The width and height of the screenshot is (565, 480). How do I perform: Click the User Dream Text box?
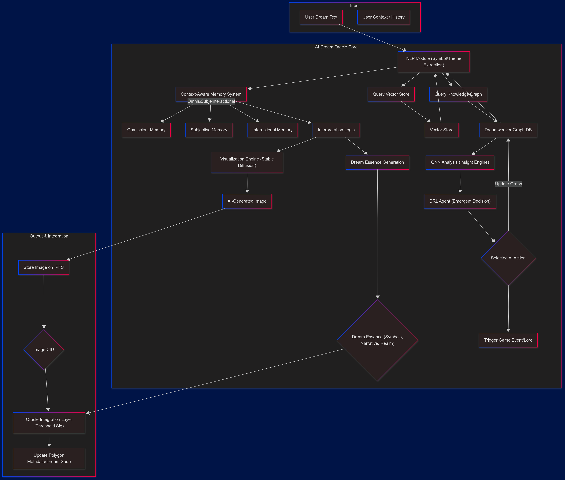click(x=321, y=17)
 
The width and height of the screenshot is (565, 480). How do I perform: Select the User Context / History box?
click(x=383, y=17)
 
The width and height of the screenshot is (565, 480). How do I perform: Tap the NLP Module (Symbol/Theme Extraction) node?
click(x=434, y=62)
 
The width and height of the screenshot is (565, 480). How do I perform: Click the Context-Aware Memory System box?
click(x=211, y=94)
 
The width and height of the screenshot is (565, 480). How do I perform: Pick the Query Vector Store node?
click(x=391, y=94)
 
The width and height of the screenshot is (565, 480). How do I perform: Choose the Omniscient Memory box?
click(x=146, y=130)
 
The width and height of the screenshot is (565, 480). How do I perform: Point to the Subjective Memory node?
click(x=209, y=130)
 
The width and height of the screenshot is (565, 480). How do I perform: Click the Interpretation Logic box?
click(x=336, y=130)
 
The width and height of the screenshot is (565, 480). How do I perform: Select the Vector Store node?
click(x=442, y=130)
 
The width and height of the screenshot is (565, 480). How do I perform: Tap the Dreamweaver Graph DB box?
click(x=508, y=130)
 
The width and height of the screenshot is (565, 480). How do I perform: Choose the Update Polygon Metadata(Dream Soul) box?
click(x=49, y=459)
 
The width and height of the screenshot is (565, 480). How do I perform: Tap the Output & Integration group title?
click(x=49, y=236)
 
